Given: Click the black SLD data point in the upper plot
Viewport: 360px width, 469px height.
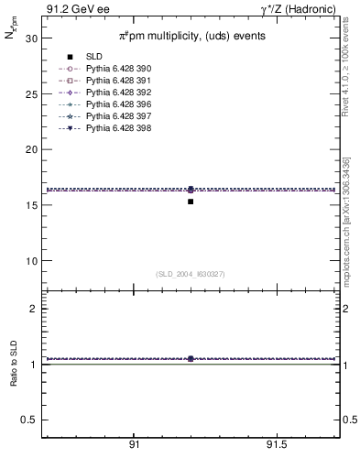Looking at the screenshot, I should click(191, 202).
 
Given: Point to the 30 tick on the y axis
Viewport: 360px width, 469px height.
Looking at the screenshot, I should click(30, 39).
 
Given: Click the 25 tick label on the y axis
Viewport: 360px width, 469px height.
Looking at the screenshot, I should click(30, 94).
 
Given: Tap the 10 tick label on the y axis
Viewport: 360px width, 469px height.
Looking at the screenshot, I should click(30, 260).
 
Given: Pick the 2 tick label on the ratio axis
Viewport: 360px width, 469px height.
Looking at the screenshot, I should click(33, 309).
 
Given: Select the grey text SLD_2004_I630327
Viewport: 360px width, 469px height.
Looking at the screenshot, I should click(190, 274).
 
